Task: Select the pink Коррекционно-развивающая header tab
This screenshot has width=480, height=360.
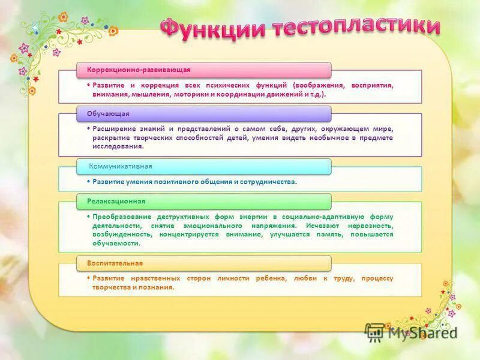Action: [203, 70]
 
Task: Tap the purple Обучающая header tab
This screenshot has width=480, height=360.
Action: [203, 113]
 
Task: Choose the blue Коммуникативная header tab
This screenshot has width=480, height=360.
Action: [203, 166]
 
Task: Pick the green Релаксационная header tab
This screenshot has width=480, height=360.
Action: [203, 201]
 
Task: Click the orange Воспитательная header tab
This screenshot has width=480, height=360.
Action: [203, 263]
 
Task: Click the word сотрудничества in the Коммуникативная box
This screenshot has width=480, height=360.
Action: [268, 181]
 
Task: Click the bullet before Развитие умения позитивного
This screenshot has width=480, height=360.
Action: [88, 181]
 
